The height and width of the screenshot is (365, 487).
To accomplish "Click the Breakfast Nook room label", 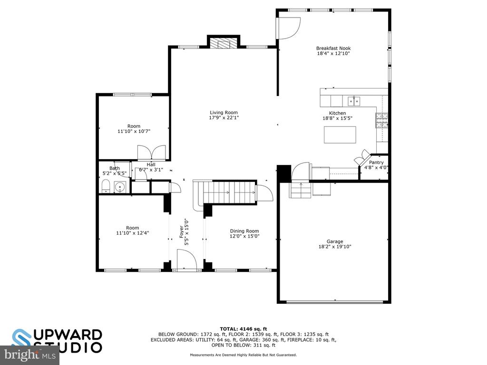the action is tap(333, 48).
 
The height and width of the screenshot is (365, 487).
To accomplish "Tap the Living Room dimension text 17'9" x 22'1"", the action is tap(224, 118).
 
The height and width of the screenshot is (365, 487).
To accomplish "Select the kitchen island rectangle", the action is tap(340, 134).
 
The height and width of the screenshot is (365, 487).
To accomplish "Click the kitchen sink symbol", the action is tap(354, 101).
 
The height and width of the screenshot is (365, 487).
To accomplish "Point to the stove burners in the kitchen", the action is tap(382, 121).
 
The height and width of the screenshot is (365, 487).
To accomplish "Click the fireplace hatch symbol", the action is tap(224, 43).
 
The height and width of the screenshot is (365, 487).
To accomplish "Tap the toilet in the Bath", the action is tap(106, 186).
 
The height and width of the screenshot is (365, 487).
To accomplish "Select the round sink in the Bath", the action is tap(119, 187).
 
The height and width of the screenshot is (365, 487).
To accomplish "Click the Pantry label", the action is tap(376, 163).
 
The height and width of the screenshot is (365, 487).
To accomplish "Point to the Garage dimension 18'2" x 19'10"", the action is tap(334, 247).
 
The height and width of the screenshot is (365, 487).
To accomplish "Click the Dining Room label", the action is tap(244, 231).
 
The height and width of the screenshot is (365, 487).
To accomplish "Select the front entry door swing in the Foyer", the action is tap(187, 260).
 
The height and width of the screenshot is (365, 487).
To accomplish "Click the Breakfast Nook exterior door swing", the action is tap(289, 28).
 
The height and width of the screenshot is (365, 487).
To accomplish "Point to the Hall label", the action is tap(151, 164).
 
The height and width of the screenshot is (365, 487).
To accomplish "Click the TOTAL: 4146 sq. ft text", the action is tap(243, 329).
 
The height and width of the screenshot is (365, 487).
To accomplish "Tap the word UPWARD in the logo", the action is tap(68, 335).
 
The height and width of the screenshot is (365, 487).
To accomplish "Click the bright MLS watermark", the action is tap(30, 355).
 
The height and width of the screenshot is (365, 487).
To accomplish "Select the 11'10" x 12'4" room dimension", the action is tap(133, 233).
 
